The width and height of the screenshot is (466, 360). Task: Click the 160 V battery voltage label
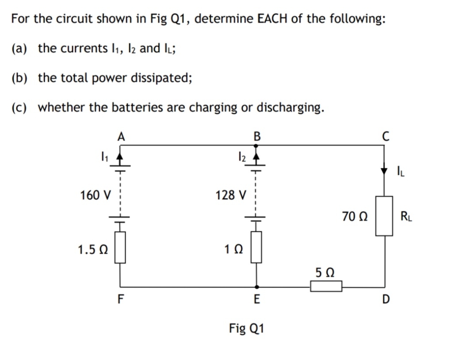pyautogui.click(x=95, y=195)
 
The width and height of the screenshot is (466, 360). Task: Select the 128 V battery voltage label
pyautogui.click(x=230, y=195)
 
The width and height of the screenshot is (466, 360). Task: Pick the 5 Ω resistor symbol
pyautogui.click(x=326, y=287)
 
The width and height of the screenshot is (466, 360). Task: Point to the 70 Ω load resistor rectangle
pyautogui.click(x=384, y=216)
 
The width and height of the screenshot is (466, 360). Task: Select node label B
pyautogui.click(x=257, y=136)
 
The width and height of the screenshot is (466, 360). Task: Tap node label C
pyautogui.click(x=386, y=136)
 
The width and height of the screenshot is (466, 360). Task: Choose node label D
pyautogui.click(x=386, y=301)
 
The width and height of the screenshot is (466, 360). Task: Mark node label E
pyautogui.click(x=257, y=301)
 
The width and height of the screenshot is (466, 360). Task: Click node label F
pyautogui.click(x=120, y=301)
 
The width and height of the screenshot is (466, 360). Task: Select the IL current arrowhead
pyautogui.click(x=384, y=170)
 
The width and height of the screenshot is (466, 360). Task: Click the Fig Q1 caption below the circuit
pyautogui.click(x=246, y=329)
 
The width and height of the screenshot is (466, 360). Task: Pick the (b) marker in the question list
pyautogui.click(x=19, y=78)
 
